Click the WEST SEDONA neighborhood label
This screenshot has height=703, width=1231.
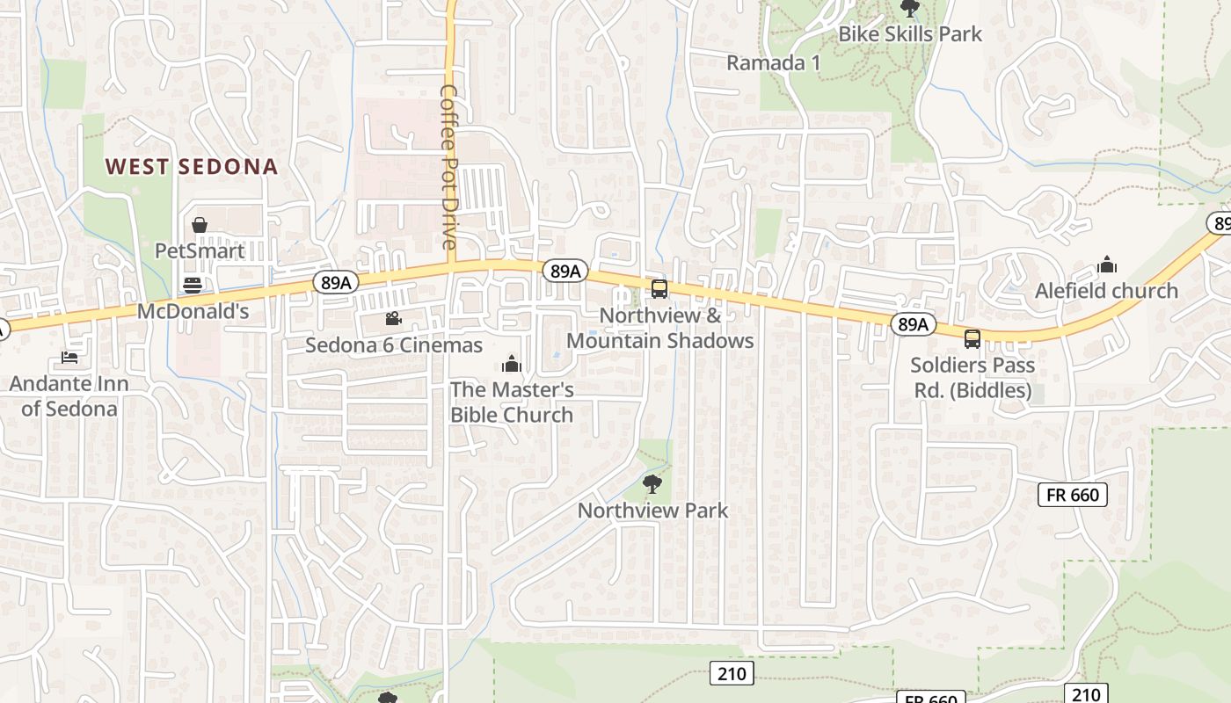(x=191, y=167)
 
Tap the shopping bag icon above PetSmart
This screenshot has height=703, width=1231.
(x=200, y=226)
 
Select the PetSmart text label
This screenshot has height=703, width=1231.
(x=200, y=250)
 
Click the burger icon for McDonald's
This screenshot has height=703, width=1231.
(x=193, y=285)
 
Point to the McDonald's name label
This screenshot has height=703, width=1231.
(x=193, y=311)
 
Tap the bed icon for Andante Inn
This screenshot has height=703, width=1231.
(x=69, y=358)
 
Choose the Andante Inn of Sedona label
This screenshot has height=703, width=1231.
(x=69, y=395)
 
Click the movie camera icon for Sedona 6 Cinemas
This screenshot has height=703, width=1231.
(x=393, y=318)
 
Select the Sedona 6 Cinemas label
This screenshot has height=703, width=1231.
(x=394, y=344)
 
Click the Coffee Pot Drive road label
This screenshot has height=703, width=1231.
(x=449, y=167)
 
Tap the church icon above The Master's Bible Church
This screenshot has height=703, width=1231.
(x=511, y=364)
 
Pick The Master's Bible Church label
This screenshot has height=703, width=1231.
(x=512, y=402)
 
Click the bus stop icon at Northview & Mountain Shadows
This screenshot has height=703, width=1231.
(x=659, y=289)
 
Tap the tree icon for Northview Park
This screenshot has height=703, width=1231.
(x=652, y=483)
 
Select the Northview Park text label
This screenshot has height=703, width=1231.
(x=652, y=510)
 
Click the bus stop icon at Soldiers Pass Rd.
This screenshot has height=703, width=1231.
(x=972, y=339)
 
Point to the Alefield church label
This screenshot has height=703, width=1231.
(x=1106, y=290)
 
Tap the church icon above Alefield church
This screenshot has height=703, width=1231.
(x=1106, y=265)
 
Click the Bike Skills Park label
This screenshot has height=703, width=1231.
(x=910, y=34)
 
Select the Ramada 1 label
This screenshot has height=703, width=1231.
(x=774, y=62)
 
